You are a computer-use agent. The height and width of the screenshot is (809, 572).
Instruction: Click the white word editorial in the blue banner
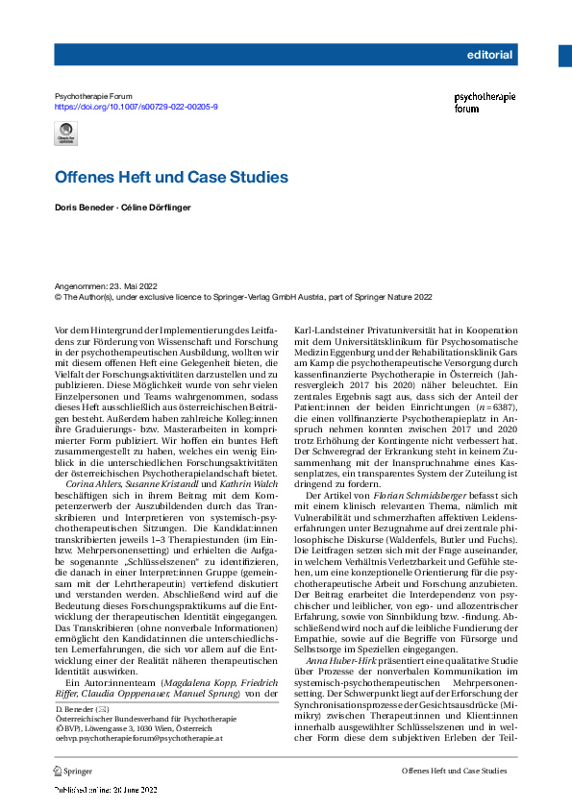(489, 55)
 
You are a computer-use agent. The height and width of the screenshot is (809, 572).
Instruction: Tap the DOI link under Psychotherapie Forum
(137, 107)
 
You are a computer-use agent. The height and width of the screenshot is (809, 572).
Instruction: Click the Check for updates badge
(66, 136)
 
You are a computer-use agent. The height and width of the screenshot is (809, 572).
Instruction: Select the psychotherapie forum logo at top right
(485, 103)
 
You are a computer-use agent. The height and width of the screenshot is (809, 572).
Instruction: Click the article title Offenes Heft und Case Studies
(171, 178)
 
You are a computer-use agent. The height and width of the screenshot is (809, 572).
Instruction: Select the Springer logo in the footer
(73, 771)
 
